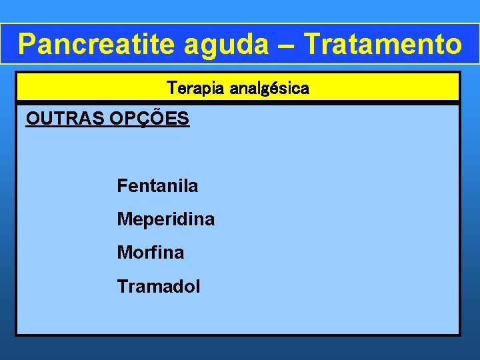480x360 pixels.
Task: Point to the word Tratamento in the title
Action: tap(382, 44)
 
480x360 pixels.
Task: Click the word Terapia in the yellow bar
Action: tap(193, 88)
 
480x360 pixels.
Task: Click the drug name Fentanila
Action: tap(157, 186)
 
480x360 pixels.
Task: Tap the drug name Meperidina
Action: tap(165, 219)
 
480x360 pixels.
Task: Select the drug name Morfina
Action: tap(150, 253)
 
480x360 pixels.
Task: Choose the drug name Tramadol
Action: tap(158, 287)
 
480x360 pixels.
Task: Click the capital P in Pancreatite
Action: tap(27, 44)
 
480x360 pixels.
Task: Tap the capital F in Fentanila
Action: tap(121, 186)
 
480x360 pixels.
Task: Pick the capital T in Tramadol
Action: tap(122, 287)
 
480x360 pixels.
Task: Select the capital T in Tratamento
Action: tap(311, 44)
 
